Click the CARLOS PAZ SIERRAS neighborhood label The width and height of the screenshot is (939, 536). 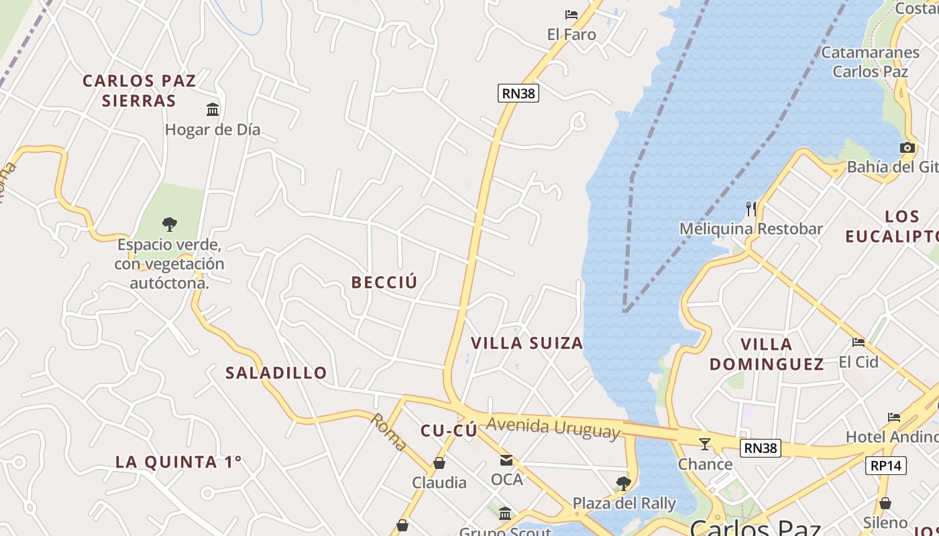(139, 90)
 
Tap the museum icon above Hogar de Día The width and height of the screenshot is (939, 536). (213, 109)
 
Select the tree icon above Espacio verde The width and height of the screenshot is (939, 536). (170, 224)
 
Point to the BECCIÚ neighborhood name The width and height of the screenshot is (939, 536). (384, 282)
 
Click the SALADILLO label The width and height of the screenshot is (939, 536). (276, 373)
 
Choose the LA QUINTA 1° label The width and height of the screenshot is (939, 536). (178, 462)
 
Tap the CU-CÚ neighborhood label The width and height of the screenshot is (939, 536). (449, 431)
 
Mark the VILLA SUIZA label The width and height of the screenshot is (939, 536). (527, 343)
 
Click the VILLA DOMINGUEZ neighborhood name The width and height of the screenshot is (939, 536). (767, 354)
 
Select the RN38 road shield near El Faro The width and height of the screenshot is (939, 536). (518, 93)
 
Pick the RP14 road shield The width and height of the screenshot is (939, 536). (886, 466)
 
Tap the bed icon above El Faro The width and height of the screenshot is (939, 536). (571, 14)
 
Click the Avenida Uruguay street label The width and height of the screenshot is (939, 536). (553, 427)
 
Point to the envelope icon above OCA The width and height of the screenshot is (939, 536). (506, 460)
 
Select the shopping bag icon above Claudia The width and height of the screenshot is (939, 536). (439, 463)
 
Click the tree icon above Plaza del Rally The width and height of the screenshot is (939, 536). (624, 483)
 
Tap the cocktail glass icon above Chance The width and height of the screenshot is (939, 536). (705, 444)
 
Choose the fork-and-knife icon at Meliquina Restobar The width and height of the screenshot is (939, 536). (751, 209)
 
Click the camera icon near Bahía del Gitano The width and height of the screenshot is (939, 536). (907, 147)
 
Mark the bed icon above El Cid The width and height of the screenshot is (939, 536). (859, 342)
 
